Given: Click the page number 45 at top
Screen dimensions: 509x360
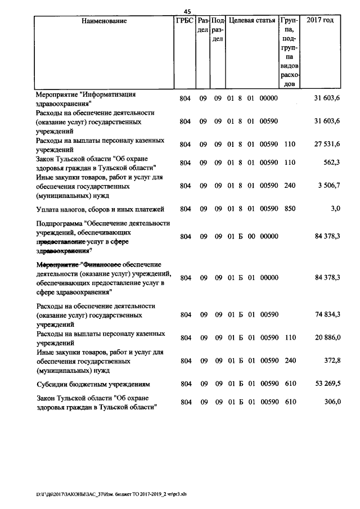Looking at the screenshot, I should (188, 11).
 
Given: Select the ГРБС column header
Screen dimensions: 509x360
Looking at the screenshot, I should (184, 21).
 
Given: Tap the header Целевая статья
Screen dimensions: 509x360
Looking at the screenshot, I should (251, 21).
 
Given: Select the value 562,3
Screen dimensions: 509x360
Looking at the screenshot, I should (331, 163).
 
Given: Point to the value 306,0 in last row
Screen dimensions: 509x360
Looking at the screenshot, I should (331, 402).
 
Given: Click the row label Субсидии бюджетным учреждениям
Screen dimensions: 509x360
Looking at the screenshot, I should (92, 384).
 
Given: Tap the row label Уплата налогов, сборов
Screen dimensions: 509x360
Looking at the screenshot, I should (100, 209).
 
